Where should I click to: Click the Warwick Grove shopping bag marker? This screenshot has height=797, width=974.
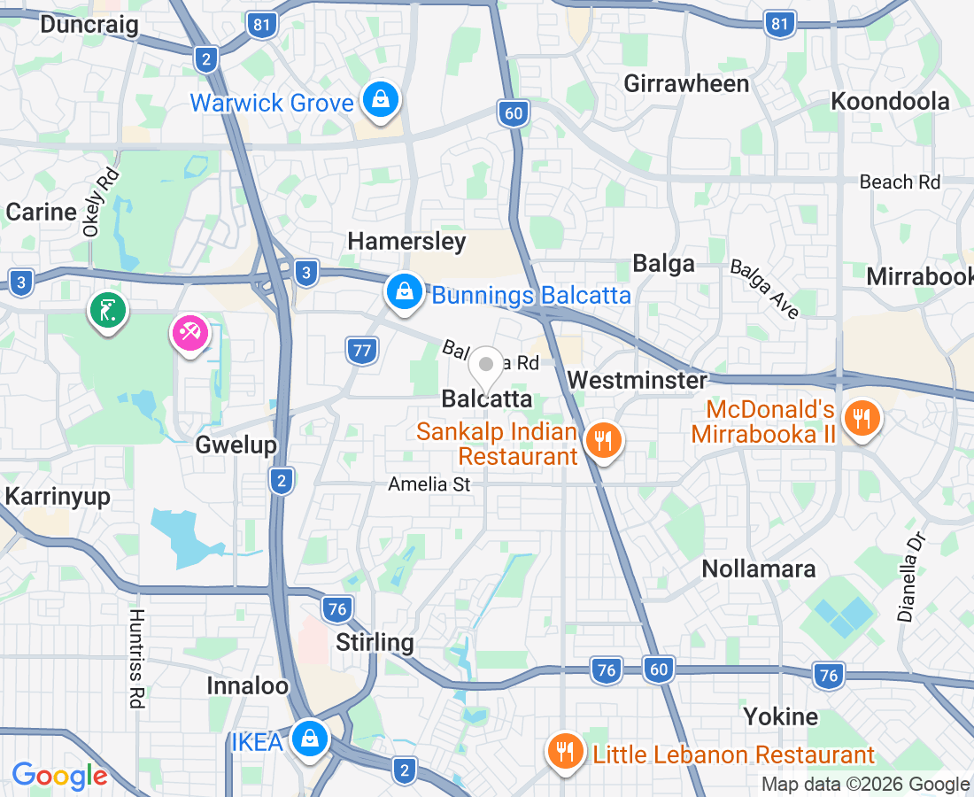[380, 99]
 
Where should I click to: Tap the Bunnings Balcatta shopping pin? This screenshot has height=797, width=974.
[404, 290]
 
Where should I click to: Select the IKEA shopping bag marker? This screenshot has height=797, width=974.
[310, 737]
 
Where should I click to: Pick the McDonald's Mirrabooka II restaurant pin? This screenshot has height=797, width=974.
[859, 417]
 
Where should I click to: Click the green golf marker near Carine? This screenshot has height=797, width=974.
[108, 311]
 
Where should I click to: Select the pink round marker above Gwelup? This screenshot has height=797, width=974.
[190, 333]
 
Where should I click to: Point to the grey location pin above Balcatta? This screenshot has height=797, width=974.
[486, 365]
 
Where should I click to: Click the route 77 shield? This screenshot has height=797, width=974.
[361, 351]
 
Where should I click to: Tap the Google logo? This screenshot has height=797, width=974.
[59, 776]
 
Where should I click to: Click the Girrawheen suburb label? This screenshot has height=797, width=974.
[686, 83]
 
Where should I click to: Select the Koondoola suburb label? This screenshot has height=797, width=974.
[890, 101]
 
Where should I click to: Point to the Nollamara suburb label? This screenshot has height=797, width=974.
[759, 569]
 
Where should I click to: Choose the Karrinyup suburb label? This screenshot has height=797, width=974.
[58, 496]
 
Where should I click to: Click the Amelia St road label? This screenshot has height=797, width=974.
[429, 484]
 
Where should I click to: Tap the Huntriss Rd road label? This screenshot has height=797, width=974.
[135, 658]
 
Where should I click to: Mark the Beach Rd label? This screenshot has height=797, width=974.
[900, 182]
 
